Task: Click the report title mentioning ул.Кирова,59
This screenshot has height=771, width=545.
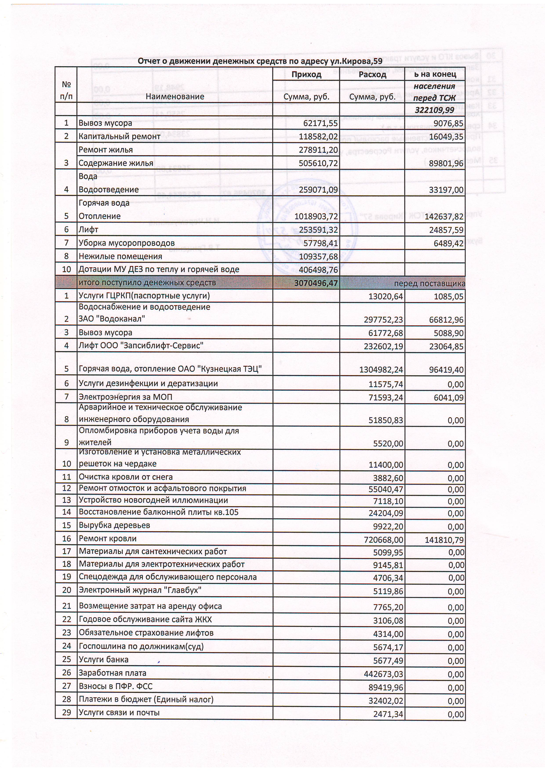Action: pyautogui.click(x=260, y=61)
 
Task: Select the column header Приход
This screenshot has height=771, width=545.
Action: pyautogui.click(x=306, y=74)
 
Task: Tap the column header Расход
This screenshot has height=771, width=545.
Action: pyautogui.click(x=372, y=74)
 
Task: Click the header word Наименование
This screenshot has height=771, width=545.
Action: pyautogui.click(x=175, y=97)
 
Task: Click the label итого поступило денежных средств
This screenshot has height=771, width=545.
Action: pyautogui.click(x=147, y=283)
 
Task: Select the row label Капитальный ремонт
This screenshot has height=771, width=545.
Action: pyautogui.click(x=120, y=136)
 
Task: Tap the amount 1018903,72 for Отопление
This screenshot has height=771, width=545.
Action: pyautogui.click(x=316, y=217)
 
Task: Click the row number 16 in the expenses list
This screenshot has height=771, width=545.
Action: pyautogui.click(x=66, y=539)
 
